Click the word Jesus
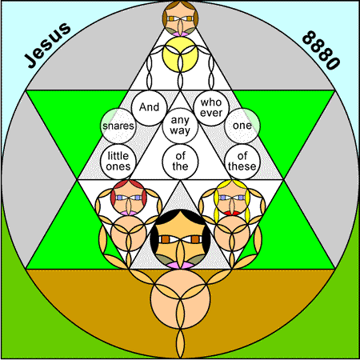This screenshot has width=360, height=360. tap(48, 45)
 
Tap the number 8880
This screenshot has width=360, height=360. tap(321, 50)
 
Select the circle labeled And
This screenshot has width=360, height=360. tap(149, 107)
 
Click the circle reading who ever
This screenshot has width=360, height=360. tap(211, 107)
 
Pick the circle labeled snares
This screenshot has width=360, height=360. tap(118, 126)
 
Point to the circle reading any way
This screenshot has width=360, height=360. tap(180, 126)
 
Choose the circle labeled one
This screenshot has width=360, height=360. tap(242, 126)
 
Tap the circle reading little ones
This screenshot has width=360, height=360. tap(118, 162)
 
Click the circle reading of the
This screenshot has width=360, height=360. tap(180, 162)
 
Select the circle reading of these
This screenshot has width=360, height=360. tap(242, 162)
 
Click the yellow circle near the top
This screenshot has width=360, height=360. tap(180, 54)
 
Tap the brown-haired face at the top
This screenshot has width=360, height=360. tap(180, 18)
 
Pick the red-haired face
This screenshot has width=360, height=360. tap(129, 198)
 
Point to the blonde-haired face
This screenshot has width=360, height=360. tap(232, 198)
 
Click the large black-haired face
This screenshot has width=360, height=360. tap(180, 239)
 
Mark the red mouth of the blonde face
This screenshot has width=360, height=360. tap(232, 213)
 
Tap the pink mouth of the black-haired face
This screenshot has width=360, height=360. tap(180, 266)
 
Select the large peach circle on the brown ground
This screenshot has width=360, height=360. tap(180, 299)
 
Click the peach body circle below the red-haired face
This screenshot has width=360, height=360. tap(129, 234)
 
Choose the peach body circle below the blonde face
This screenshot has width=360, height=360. tap(232, 234)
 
